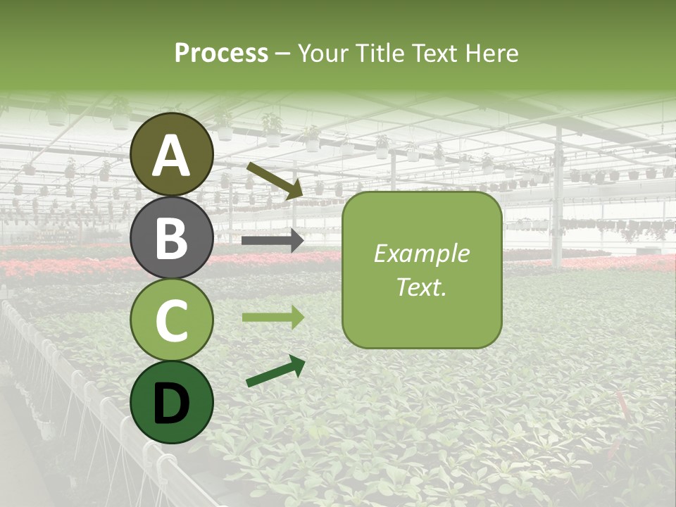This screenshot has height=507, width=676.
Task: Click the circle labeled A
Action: pos(172,154)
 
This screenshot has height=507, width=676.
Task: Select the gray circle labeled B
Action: pos(172,237)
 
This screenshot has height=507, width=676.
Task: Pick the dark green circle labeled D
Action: pos(172,402)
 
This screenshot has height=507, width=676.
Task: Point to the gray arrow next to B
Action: pos(273,241)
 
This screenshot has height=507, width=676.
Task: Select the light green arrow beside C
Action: pos(273,318)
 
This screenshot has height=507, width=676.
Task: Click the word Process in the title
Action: pos(221,54)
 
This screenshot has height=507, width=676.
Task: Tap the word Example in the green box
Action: pos(421,254)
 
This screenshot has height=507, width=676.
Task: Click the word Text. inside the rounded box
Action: pos(421,287)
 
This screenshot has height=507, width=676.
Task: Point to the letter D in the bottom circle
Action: pos(172,403)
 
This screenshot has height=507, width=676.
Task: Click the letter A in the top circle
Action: pos(172,156)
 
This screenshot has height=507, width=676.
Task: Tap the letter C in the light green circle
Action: pos(172,320)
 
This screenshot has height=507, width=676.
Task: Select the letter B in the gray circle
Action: pos(172,238)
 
